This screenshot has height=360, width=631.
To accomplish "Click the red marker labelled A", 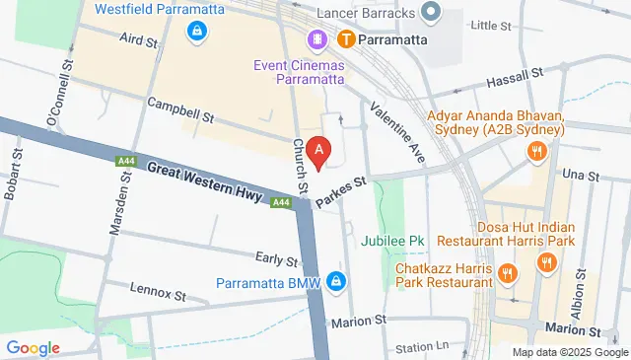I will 318,152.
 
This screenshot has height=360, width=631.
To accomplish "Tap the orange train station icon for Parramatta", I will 346,39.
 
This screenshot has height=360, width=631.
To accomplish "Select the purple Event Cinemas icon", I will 317,39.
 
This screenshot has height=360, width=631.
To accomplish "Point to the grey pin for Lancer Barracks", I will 430,12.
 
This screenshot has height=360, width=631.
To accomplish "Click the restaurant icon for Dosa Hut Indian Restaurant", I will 545,262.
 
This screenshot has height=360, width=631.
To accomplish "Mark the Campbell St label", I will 180,108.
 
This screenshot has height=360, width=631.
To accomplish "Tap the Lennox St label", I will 159,294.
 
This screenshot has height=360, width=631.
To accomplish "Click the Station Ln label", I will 421,347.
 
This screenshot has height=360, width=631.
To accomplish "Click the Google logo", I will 33,347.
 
